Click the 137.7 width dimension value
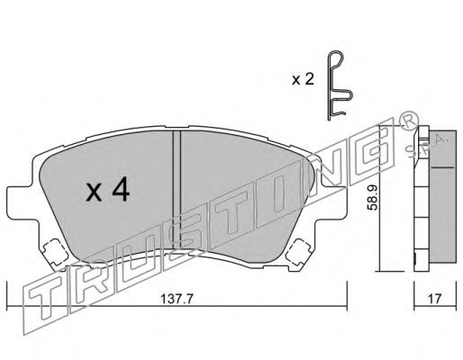177,299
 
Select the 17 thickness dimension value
435,299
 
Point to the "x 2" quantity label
303,79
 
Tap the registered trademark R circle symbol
409,120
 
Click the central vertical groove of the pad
177,190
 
